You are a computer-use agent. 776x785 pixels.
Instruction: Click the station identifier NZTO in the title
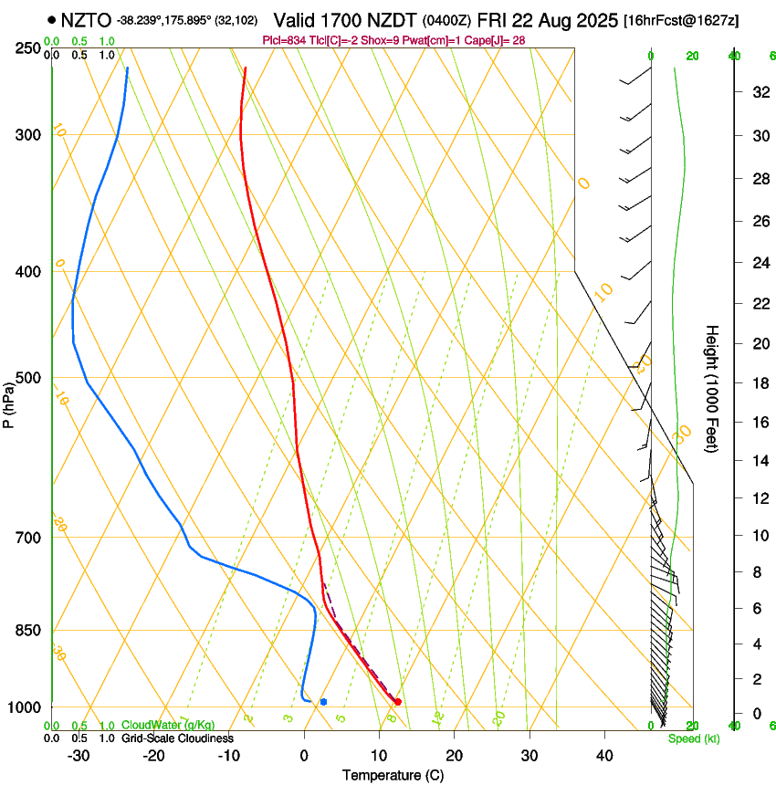click(x=86, y=19)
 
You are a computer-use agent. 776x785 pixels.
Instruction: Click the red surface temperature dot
click(x=397, y=701)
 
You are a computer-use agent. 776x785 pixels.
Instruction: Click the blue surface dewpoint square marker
click(x=323, y=701)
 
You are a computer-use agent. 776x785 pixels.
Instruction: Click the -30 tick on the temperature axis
click(x=78, y=755)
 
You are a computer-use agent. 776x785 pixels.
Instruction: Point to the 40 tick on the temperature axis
click(x=604, y=755)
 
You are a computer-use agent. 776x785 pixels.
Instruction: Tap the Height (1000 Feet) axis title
click(x=713, y=389)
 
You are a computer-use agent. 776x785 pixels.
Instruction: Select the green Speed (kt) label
click(x=694, y=738)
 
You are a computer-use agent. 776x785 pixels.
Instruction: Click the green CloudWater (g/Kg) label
click(x=168, y=726)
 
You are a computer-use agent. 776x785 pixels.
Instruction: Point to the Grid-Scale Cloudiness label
click(x=177, y=738)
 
